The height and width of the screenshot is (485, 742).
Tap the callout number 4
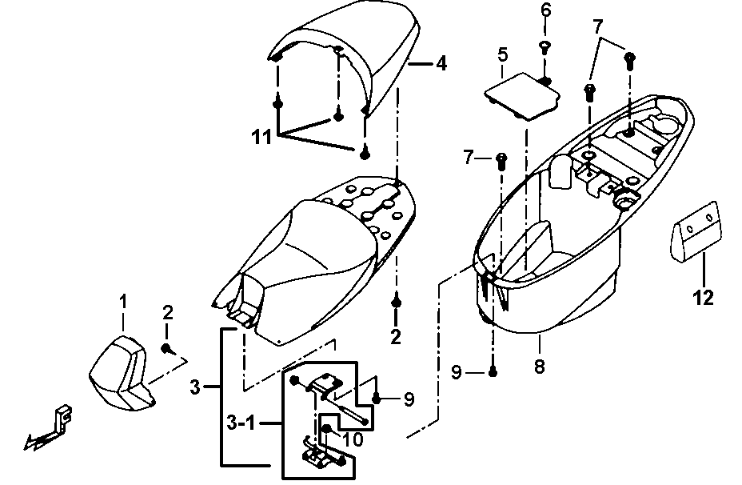coord(441,64)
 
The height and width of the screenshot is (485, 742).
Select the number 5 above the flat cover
coord(502,55)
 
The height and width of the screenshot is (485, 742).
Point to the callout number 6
coord(546,10)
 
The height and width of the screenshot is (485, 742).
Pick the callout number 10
coord(353,439)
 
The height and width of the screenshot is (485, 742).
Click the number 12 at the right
coord(703,299)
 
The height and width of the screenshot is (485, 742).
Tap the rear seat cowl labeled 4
coord(352,56)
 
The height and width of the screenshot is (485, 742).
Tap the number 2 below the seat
coord(395,337)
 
